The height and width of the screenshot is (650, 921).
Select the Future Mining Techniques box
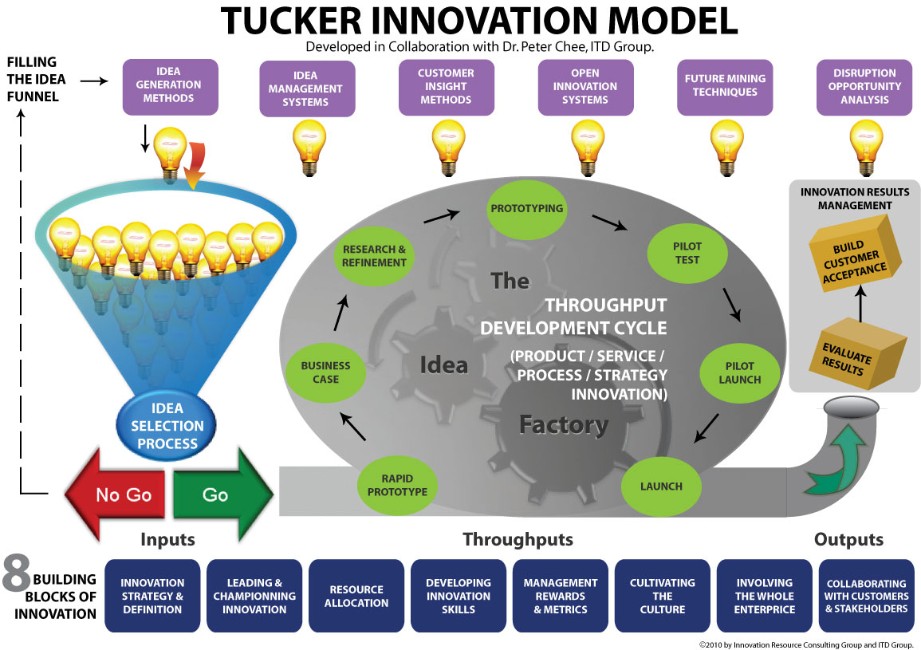point(725,85)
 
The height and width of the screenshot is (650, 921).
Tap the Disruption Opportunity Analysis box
point(864,86)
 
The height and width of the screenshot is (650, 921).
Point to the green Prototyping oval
point(527,209)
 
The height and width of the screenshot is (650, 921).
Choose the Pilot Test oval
point(687,253)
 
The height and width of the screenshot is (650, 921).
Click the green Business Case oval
point(325,372)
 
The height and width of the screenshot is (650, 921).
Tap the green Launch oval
point(661,486)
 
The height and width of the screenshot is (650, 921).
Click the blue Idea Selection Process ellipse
point(167,425)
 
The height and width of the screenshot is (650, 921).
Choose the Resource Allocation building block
point(356,596)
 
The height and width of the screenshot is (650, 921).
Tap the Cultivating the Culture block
point(663,596)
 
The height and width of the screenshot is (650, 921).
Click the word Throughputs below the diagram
point(518,540)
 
